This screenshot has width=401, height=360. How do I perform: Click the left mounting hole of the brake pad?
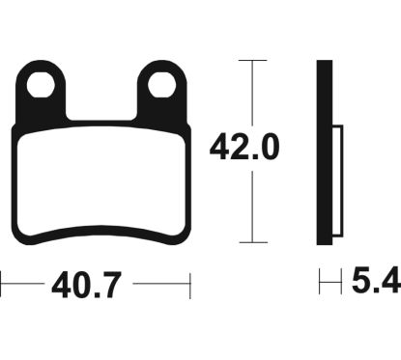(x=41, y=85)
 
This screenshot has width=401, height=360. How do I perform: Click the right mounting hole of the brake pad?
(x=162, y=85)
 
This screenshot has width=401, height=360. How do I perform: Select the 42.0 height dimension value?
(x=244, y=148)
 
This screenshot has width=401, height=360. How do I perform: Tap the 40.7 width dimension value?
(x=86, y=286)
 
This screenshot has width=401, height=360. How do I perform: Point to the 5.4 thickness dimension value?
(x=376, y=281)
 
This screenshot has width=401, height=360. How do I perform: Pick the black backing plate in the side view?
(x=325, y=152)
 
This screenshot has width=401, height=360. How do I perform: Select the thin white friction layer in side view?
(x=337, y=180)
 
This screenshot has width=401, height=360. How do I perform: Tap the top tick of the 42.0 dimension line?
(x=253, y=60)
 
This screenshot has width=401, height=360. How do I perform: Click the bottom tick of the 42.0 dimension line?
(x=253, y=242)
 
